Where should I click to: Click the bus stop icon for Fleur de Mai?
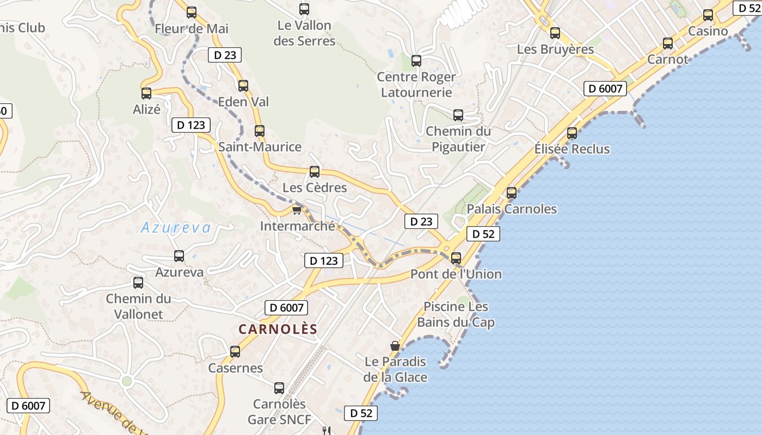tap(192, 12)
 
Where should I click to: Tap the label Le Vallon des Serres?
tap(304, 33)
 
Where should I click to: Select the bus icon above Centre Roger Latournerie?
tap(416, 60)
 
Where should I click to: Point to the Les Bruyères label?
tap(555, 49)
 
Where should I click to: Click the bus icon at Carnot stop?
tap(668, 43)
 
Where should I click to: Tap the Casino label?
tap(708, 32)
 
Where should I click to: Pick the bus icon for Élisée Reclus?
tap(572, 133)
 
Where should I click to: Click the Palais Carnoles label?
tap(512, 209)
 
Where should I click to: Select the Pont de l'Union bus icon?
tap(456, 258)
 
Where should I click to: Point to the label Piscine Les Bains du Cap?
tap(456, 315)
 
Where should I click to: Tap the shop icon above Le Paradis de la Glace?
tap(395, 346)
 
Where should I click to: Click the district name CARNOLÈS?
tap(278, 330)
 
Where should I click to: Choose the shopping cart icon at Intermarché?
tap(297, 210)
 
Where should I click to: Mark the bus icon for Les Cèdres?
tap(315, 172)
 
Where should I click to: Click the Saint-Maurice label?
tap(260, 147)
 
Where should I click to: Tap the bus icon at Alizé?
tap(146, 94)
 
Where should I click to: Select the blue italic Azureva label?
tap(175, 228)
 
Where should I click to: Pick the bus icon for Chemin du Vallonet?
tap(138, 283)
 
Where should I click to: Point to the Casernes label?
tap(235, 368)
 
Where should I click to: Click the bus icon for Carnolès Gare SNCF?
tap(279, 388)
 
